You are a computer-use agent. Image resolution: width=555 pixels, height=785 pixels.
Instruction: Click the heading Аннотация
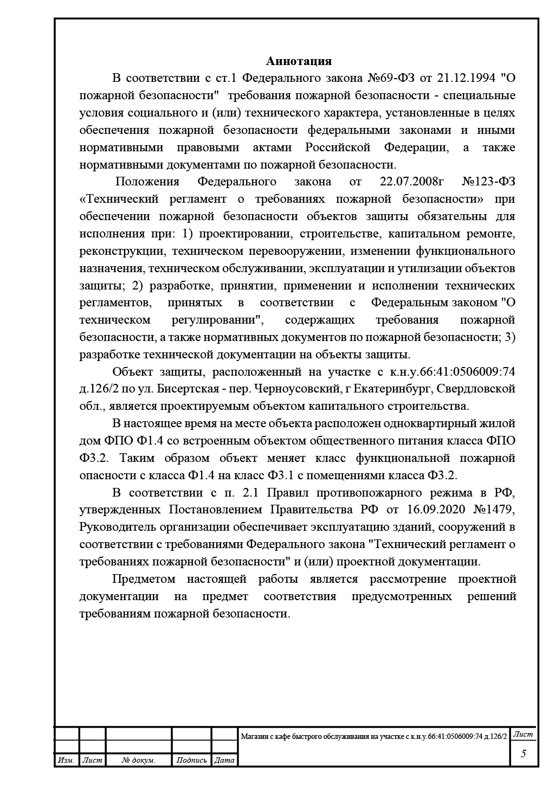click(299, 61)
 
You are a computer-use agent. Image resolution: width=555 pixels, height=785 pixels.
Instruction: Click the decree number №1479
click(493, 510)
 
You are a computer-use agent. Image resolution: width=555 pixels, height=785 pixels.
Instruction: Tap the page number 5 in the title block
click(523, 754)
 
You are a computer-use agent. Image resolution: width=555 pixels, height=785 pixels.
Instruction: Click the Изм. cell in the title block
click(66, 761)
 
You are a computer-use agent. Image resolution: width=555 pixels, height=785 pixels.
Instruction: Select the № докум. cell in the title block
click(139, 761)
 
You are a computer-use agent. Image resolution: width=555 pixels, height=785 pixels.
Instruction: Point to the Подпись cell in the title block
click(192, 761)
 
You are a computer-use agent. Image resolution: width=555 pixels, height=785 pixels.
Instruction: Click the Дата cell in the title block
click(224, 761)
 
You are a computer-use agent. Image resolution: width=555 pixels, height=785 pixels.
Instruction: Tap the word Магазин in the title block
click(255, 736)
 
